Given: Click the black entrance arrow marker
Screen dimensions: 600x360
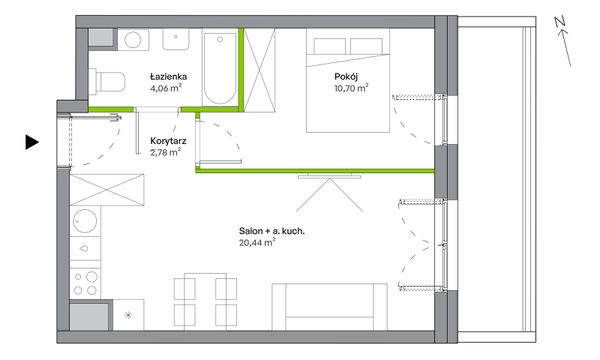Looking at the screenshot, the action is coord(32,142).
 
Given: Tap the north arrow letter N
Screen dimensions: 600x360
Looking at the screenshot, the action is coord(560,23).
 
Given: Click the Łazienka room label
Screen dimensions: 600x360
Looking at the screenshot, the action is coord(168,77).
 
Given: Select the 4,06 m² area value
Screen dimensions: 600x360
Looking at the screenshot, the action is coord(166,88).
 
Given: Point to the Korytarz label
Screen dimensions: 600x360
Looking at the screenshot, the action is coord(168,141).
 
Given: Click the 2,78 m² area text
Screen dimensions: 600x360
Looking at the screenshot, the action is coord(166,153).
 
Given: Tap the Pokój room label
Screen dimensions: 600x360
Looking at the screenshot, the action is coord(346,77).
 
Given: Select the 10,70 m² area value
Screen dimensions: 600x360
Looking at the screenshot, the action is coord(351,88).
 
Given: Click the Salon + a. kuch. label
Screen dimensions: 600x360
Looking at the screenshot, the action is coord(272,231).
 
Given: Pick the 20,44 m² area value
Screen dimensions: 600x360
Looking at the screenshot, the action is coord(257,243).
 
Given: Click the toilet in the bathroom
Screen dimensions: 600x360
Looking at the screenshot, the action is coord(107,81).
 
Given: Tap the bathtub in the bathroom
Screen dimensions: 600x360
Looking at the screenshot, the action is coord(220,69).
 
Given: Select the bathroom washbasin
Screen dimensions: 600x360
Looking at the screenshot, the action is coord(176,40).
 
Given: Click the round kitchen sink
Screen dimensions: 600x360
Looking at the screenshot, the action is coord(85,221).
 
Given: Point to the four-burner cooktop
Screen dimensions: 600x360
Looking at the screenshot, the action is coord(85,283).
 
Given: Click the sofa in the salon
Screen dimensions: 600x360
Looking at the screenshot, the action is coord(329,306).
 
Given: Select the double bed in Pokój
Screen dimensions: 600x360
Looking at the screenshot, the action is coord(348,81).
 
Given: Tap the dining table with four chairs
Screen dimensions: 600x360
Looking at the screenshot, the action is coord(205,301).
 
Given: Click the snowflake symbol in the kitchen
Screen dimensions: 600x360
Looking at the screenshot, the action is coord(128,315).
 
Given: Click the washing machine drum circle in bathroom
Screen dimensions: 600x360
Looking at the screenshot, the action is coord(133,40).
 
